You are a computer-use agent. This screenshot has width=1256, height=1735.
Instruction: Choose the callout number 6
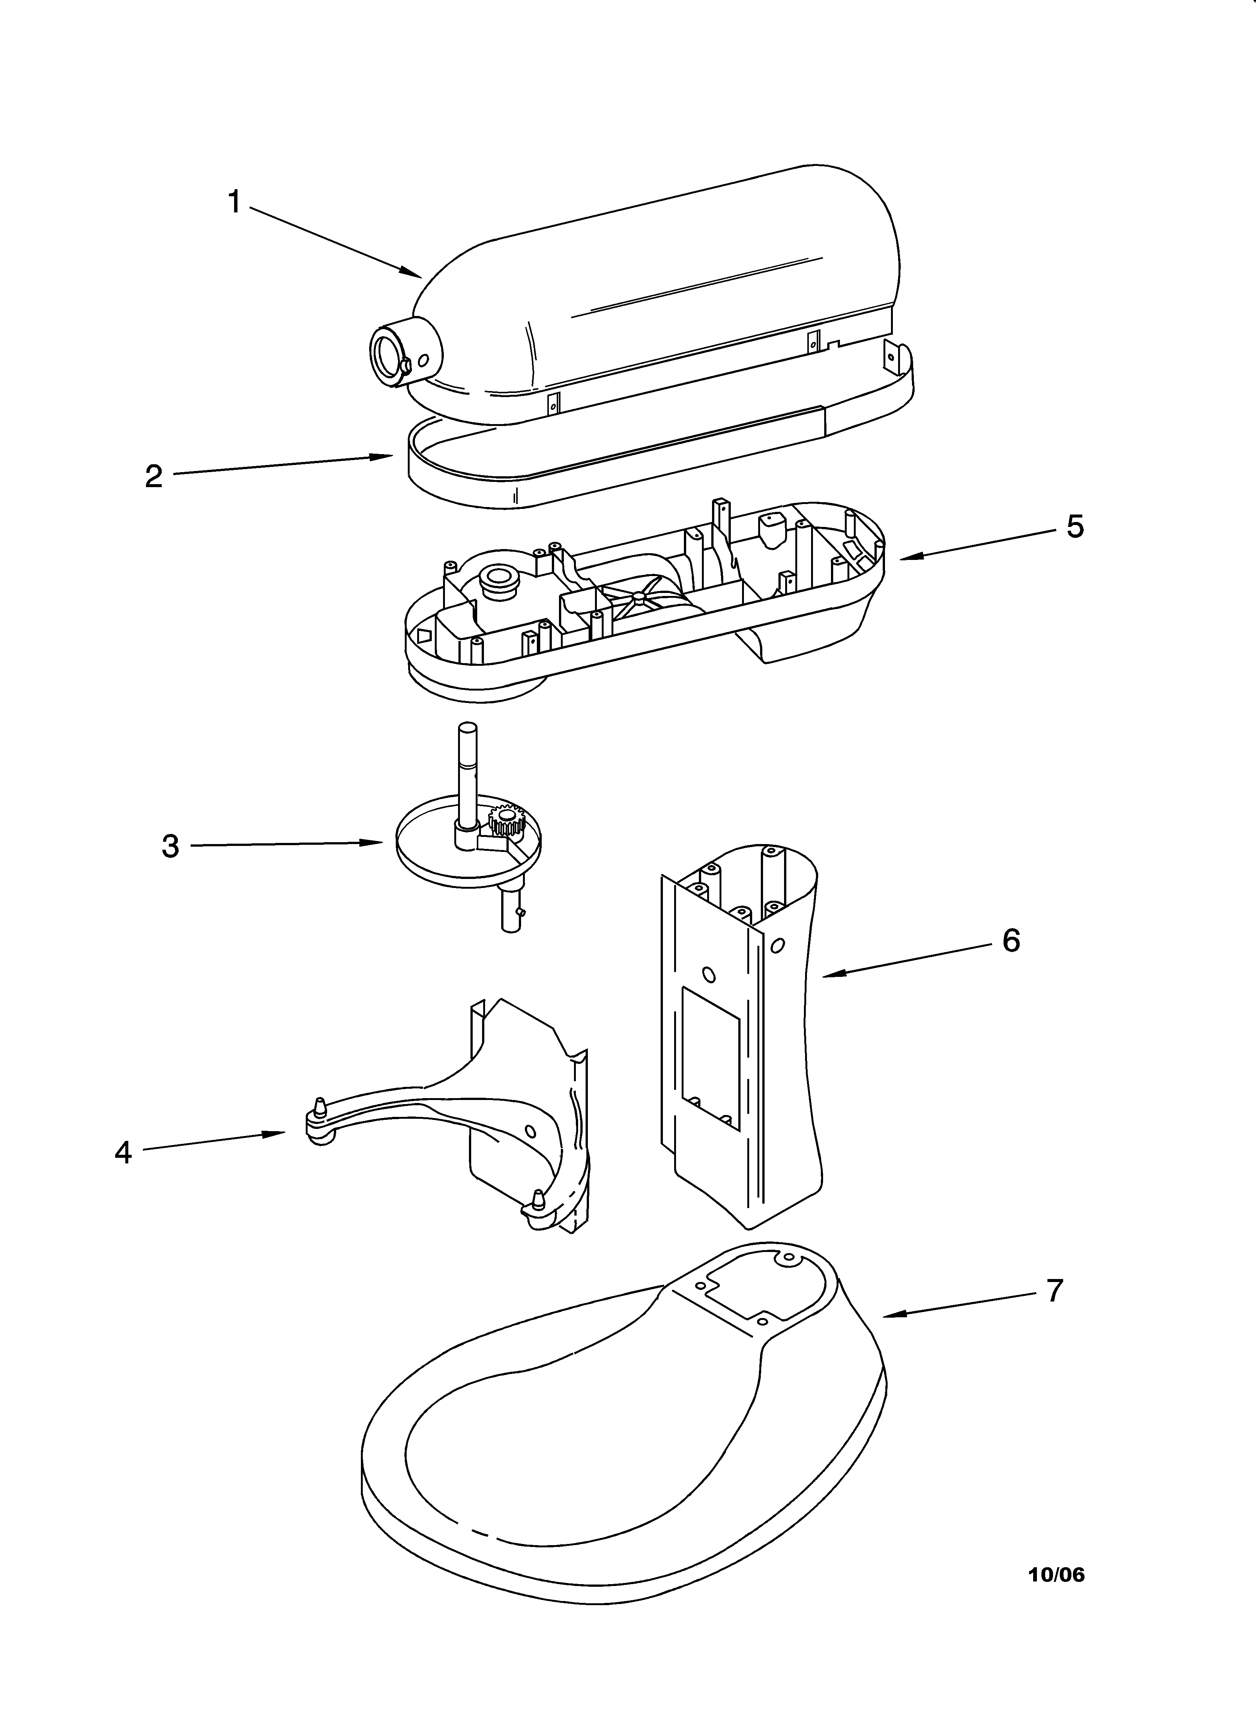click(1010, 941)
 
